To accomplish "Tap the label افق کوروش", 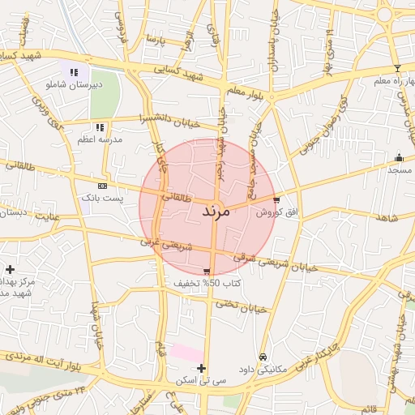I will tap(277, 212).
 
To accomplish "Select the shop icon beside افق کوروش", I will tap(276, 199).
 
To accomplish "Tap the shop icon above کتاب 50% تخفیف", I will tap(207, 272).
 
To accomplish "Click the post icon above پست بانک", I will tap(101, 186).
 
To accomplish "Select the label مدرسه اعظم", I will tap(100, 140).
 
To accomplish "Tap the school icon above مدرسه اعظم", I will tap(100, 127).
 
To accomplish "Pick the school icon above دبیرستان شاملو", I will tap(74, 71).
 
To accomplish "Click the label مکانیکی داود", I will tap(264, 369).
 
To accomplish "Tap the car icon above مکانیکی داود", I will tap(263, 357).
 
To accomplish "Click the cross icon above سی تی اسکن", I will tap(201, 368).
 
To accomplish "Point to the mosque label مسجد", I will tap(400, 170).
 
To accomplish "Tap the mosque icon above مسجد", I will tap(398, 158).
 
